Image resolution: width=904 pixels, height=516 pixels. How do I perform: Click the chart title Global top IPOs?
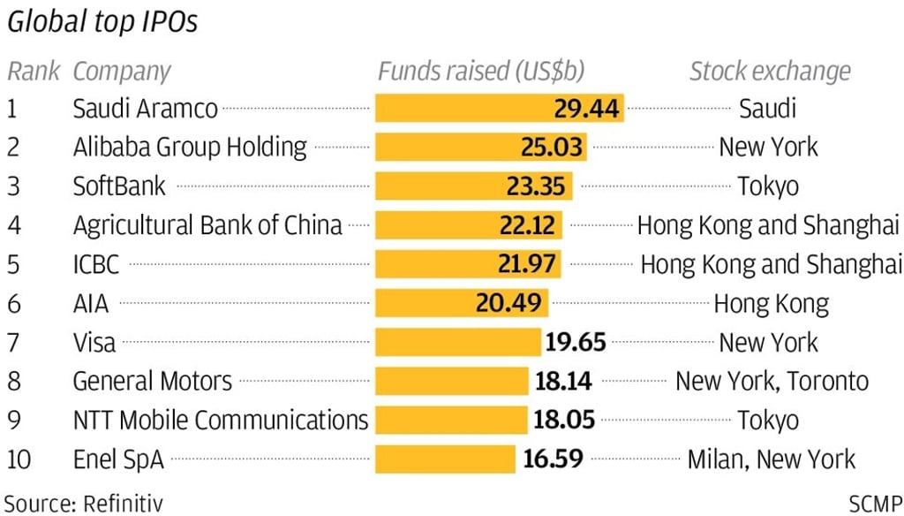(102, 23)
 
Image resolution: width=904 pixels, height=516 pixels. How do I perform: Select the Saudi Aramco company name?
(145, 109)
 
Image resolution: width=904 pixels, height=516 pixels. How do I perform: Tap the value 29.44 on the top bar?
(587, 109)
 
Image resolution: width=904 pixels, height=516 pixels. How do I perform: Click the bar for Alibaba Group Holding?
(481, 147)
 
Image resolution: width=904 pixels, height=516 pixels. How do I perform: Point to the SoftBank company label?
(119, 186)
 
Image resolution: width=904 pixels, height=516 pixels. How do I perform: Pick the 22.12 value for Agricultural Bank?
(526, 225)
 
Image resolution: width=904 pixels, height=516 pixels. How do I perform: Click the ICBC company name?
(96, 264)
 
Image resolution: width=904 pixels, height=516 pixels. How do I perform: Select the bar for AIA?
(461, 303)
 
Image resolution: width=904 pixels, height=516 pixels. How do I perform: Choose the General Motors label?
(152, 381)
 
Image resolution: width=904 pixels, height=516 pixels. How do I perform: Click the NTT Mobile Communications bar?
(451, 420)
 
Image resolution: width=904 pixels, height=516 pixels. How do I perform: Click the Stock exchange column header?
(770, 72)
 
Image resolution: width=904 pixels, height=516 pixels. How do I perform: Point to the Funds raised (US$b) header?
(481, 72)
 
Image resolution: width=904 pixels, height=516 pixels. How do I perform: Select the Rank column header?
(34, 72)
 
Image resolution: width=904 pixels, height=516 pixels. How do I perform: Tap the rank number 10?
(24, 459)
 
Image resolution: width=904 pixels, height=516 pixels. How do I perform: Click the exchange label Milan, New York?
(771, 459)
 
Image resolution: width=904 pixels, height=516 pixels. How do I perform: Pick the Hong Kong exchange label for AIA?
(771, 304)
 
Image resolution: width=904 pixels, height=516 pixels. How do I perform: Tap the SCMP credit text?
(876, 504)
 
